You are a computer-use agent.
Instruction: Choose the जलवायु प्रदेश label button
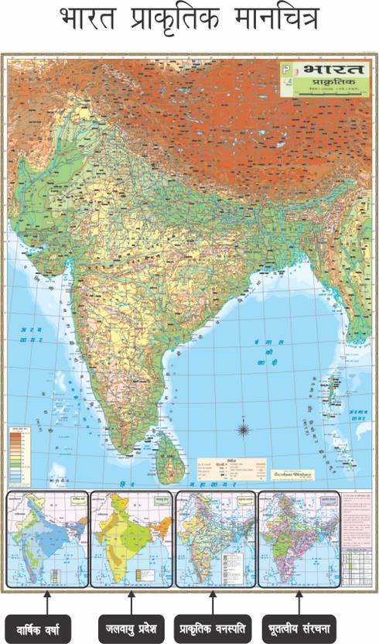130,624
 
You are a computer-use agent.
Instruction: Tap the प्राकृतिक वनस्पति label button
213,624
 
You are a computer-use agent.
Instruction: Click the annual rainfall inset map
46,539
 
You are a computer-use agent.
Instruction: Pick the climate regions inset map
131,539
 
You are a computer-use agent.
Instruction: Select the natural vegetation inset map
214,539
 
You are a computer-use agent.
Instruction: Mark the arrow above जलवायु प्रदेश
130,599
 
